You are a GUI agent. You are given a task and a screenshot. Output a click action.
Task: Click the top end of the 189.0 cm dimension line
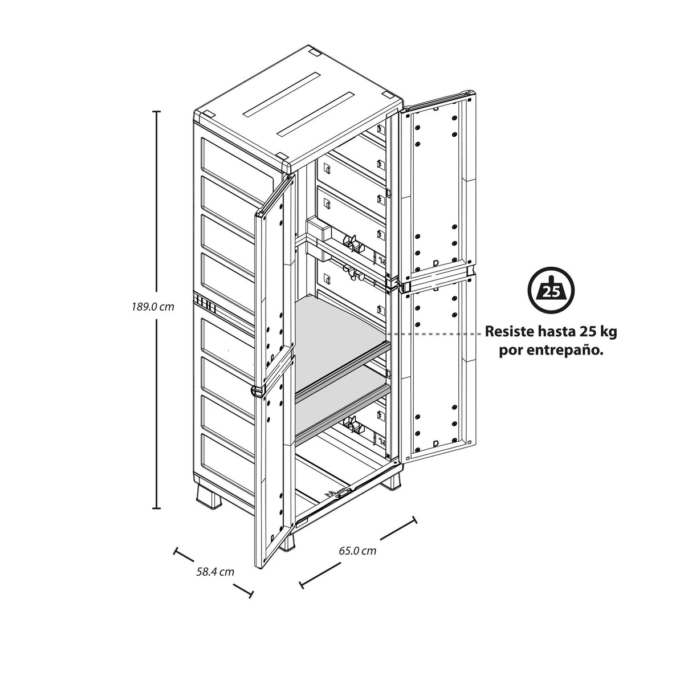click(x=156, y=112)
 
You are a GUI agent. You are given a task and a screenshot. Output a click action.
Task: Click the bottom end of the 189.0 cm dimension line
click(x=156, y=508)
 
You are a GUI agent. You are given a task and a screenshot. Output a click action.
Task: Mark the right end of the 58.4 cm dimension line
click(x=251, y=595)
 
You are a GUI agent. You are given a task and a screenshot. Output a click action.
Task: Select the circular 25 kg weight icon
click(x=551, y=290)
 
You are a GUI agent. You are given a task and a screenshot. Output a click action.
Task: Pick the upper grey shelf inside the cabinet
click(x=340, y=344)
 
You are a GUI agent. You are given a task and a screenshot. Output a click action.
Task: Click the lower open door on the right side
click(x=438, y=370)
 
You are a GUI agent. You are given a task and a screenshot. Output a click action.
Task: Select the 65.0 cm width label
click(x=357, y=551)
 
